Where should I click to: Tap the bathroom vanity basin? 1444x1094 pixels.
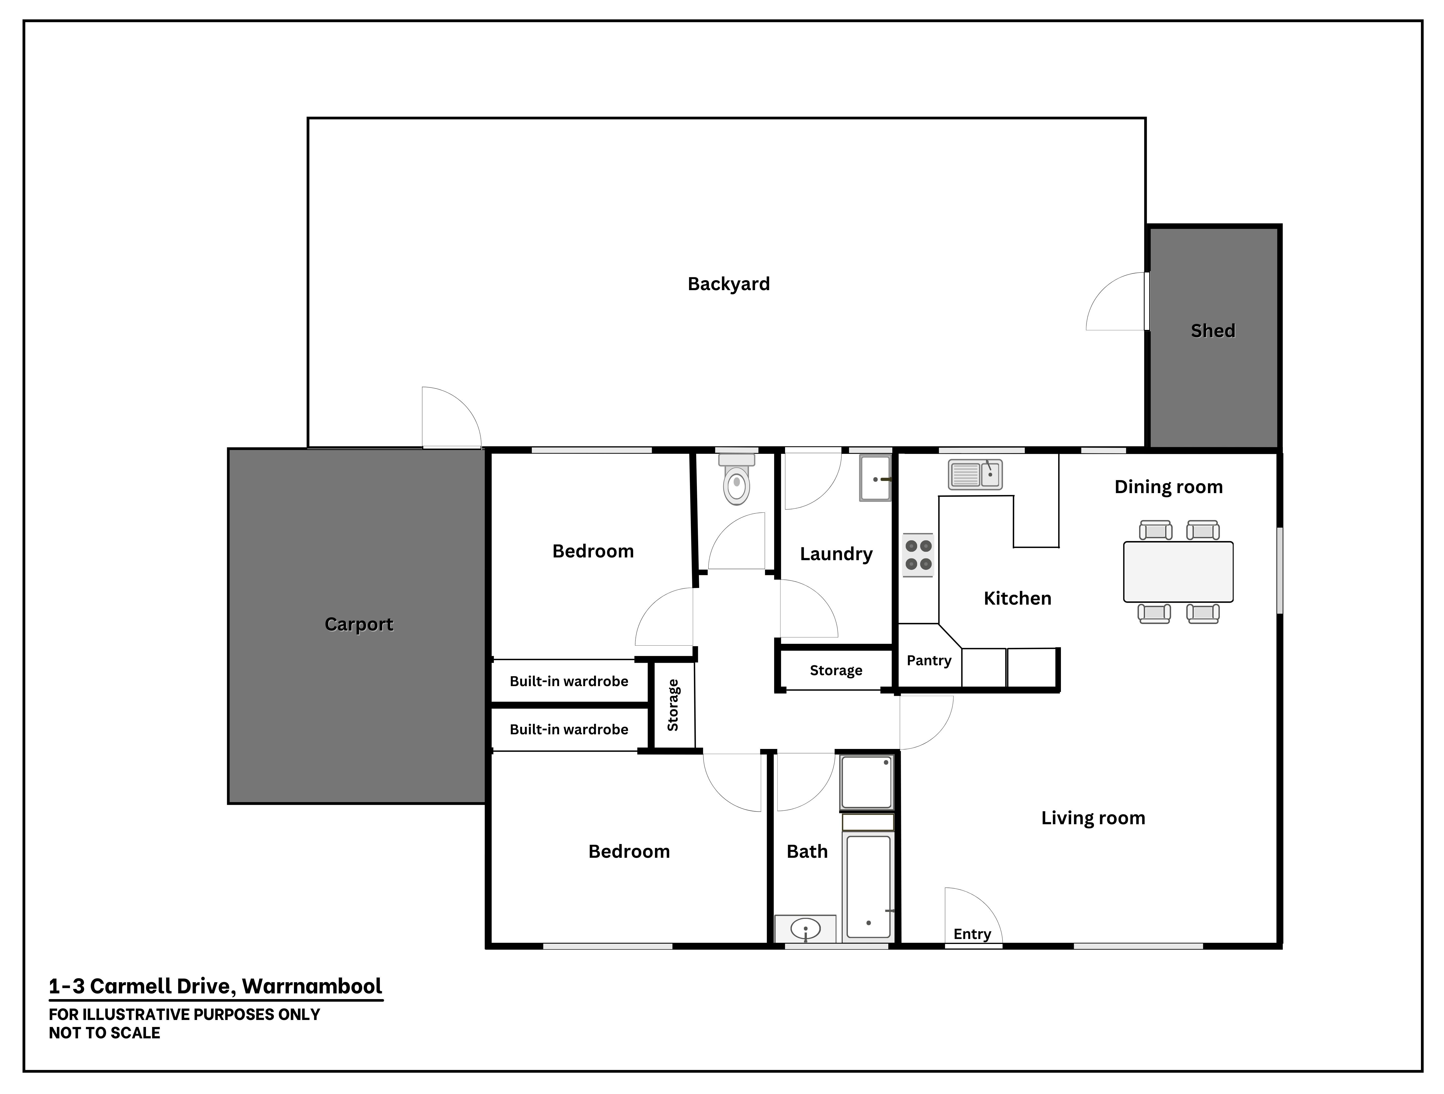coord(806,928)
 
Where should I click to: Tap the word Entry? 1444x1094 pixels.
coord(972,934)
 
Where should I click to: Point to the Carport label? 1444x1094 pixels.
coord(359,625)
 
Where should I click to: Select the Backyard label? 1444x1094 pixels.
coord(728,284)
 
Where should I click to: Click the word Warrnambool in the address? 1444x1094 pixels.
coord(312,986)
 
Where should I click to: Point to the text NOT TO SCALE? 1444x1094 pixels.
coord(105,1033)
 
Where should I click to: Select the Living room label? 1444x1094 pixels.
coord(1093,818)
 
